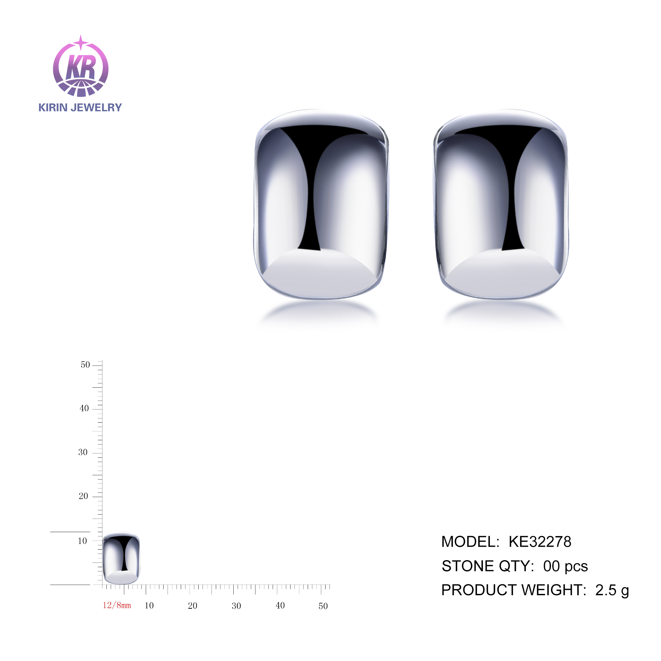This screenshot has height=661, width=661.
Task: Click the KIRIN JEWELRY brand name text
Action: pyautogui.click(x=80, y=107)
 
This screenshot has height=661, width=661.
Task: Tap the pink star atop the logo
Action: pyautogui.click(x=81, y=42)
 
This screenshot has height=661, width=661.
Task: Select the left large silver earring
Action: pyautogui.click(x=321, y=204)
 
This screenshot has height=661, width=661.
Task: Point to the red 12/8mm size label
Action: pyautogui.click(x=117, y=605)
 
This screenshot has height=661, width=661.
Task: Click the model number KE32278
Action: pyautogui.click(x=540, y=542)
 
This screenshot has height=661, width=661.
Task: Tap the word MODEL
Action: pyautogui.click(x=470, y=542)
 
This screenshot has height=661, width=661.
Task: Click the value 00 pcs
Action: pyautogui.click(x=565, y=566)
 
